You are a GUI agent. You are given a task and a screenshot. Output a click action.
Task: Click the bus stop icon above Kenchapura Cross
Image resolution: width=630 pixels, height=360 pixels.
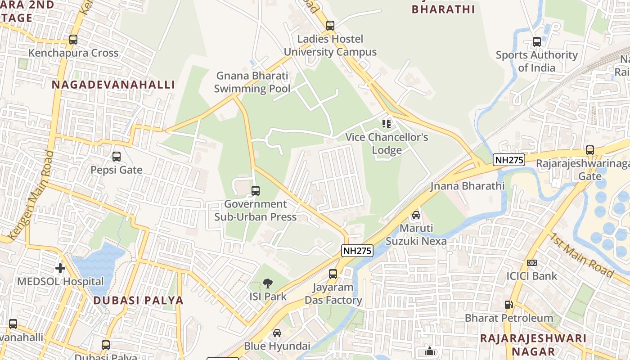pyautogui.click(x=73, y=40)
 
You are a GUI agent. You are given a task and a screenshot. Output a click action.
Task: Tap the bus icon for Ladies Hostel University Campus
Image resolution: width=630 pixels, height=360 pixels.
pyautogui.click(x=330, y=26)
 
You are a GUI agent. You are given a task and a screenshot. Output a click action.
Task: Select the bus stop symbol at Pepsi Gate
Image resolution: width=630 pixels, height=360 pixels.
pyautogui.click(x=117, y=157)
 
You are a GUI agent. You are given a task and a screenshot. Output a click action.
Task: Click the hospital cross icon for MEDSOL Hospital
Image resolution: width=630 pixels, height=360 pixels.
pyautogui.click(x=60, y=268)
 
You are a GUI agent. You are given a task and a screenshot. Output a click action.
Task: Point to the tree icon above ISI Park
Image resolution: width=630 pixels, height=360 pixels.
pyautogui.click(x=268, y=283)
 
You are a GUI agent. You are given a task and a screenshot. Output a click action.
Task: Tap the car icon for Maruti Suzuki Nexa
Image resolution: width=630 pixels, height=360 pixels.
pyautogui.click(x=416, y=215)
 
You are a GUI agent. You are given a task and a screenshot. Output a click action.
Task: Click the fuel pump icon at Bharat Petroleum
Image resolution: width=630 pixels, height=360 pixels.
pyautogui.click(x=509, y=305)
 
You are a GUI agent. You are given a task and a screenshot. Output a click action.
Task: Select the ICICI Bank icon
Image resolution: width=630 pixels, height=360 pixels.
pyautogui.click(x=531, y=263)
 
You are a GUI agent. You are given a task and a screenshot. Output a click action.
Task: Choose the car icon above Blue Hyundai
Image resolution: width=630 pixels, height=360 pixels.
pyautogui.click(x=277, y=333)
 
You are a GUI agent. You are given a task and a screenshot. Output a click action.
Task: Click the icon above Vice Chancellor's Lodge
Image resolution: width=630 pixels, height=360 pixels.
pyautogui.click(x=387, y=123)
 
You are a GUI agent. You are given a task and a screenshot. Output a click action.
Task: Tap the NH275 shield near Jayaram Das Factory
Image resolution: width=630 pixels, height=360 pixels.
pyautogui.click(x=357, y=251)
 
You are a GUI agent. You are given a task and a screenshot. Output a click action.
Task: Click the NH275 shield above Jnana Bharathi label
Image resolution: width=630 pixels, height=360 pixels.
pyautogui.click(x=509, y=160)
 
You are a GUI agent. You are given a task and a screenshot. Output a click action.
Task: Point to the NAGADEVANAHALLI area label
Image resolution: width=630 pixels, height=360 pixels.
pyautogui.click(x=113, y=85)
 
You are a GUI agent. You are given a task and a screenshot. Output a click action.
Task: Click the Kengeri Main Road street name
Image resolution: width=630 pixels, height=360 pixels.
pyautogui.click(x=31, y=195)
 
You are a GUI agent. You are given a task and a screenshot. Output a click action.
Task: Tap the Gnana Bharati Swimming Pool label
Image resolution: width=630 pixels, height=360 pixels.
pyautogui.click(x=252, y=82)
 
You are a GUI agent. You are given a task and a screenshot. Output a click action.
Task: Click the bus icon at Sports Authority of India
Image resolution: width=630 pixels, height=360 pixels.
pyautogui.click(x=536, y=42)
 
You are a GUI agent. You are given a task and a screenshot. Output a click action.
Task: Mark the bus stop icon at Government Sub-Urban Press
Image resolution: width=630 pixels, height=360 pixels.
pyautogui.click(x=256, y=191)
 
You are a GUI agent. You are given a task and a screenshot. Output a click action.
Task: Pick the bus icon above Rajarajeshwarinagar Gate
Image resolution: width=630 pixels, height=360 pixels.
pyautogui.click(x=589, y=150)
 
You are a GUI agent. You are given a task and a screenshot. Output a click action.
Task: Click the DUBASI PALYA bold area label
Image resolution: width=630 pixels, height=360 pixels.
pyautogui.click(x=139, y=300)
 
